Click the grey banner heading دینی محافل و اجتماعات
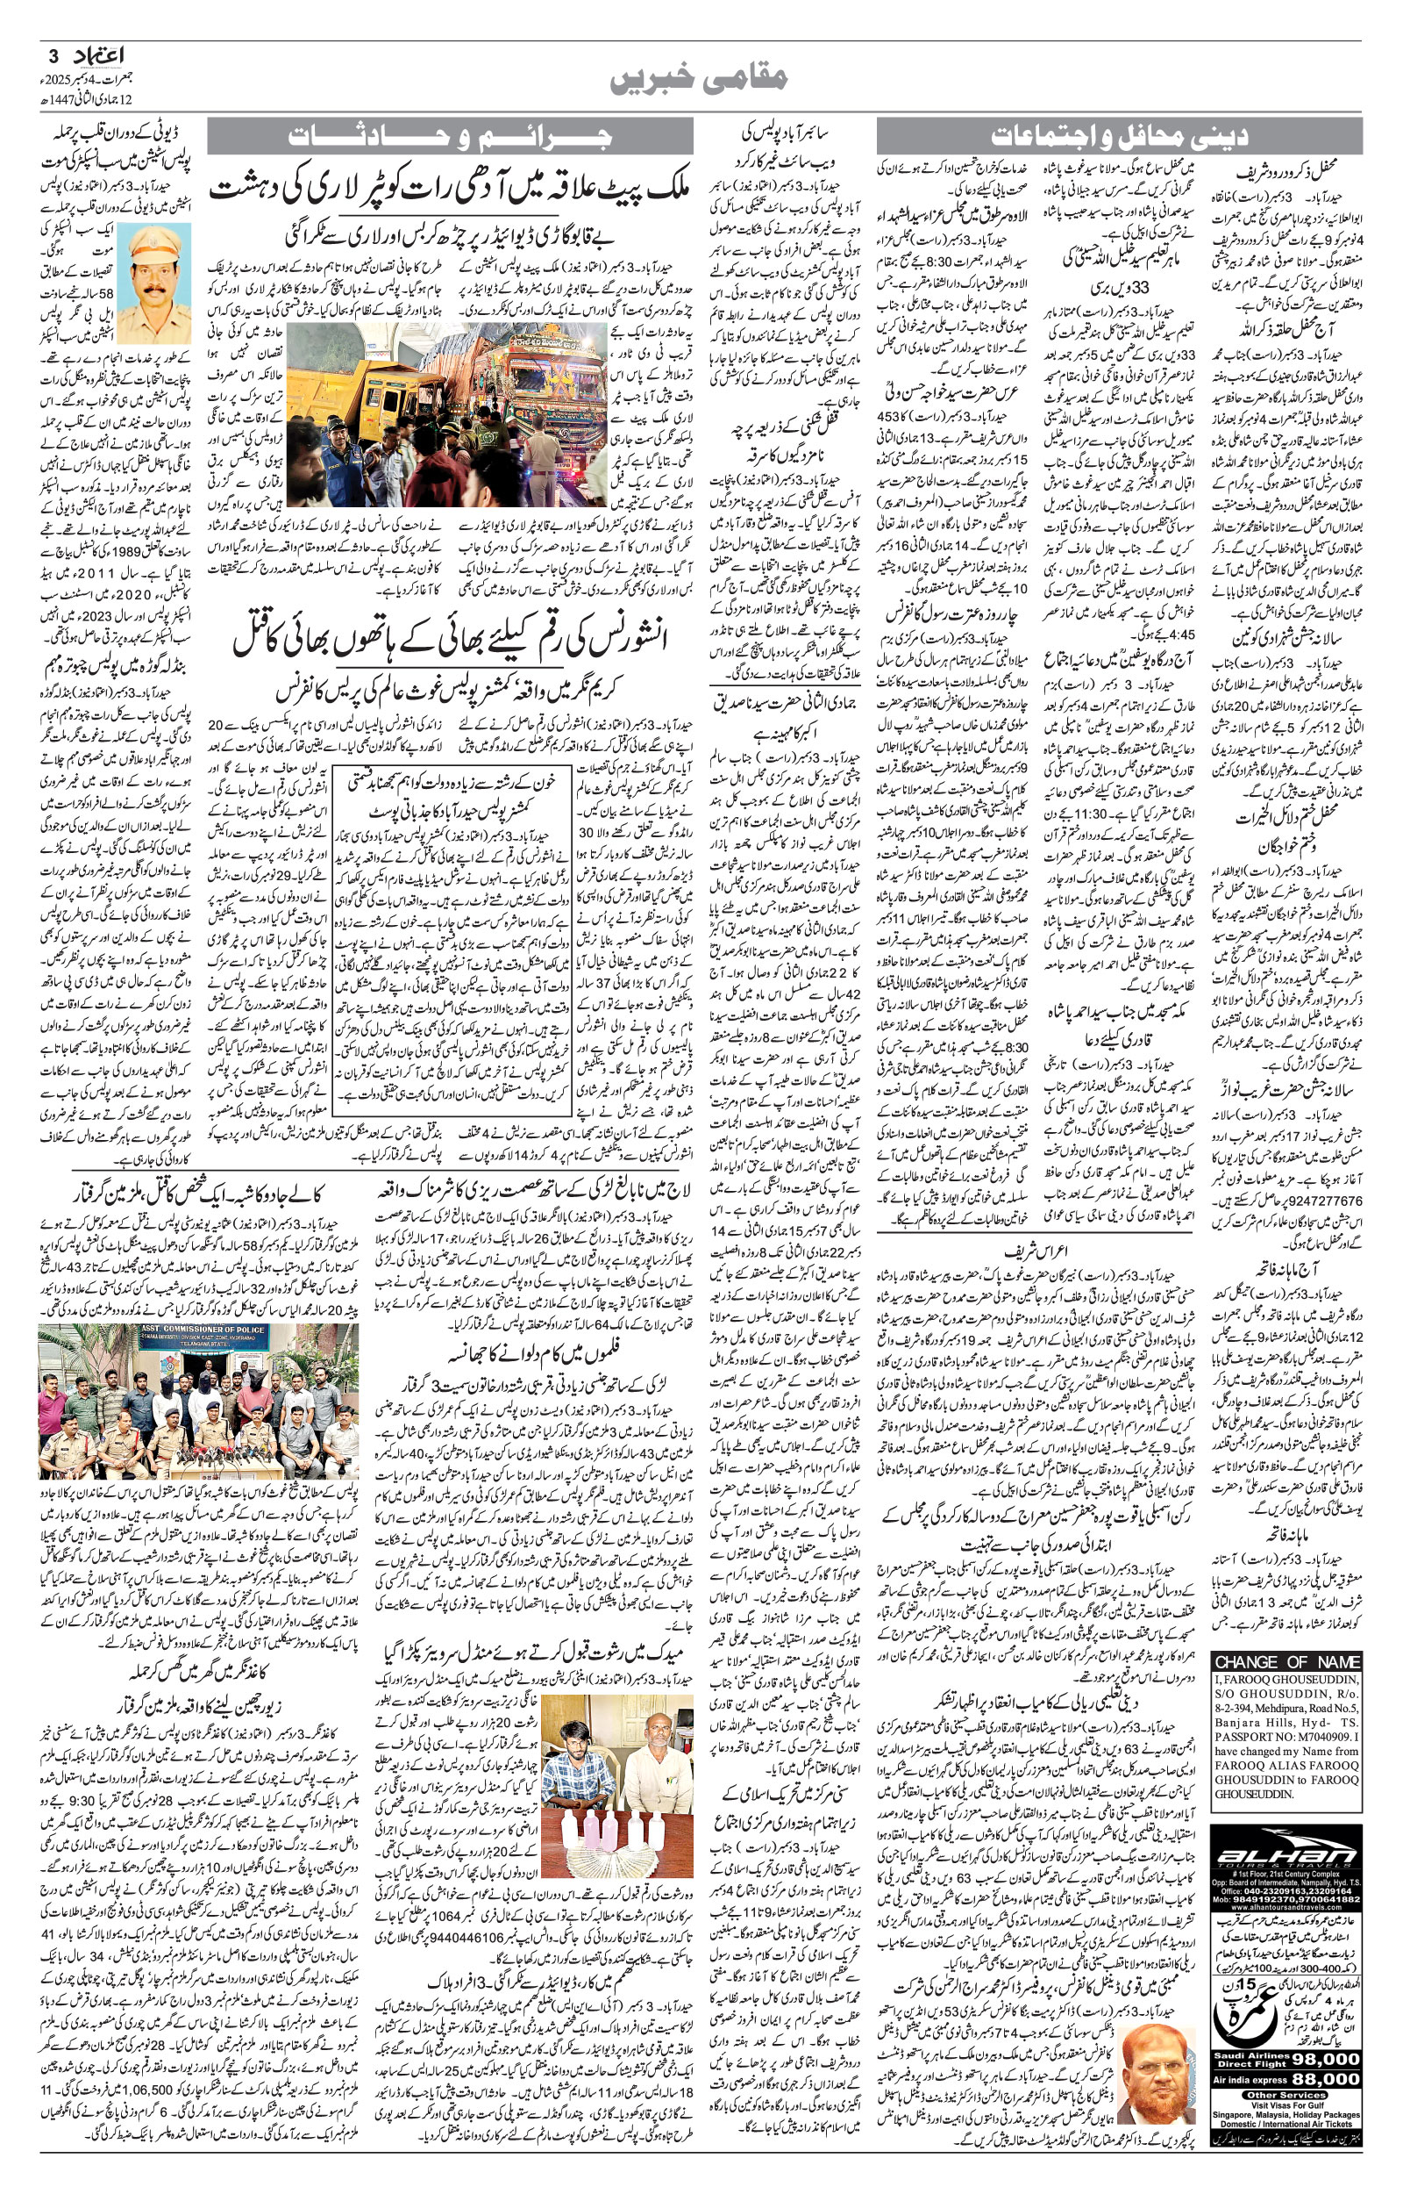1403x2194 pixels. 1119,138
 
